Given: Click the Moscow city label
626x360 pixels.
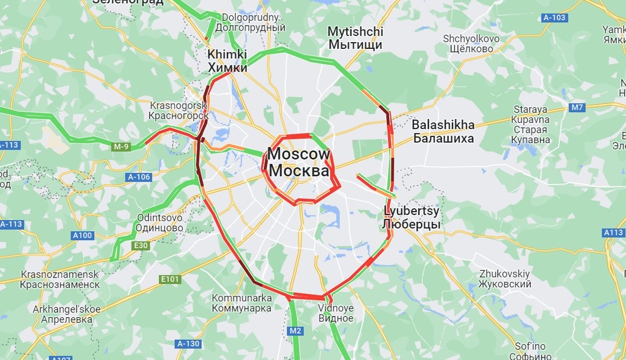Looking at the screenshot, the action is [299, 163].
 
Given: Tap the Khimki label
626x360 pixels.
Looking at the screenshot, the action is [227, 61].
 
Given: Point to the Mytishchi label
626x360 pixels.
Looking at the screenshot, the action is [355, 38].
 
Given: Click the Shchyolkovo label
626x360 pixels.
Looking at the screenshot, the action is [471, 43].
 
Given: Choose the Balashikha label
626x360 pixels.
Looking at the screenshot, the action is [443, 131].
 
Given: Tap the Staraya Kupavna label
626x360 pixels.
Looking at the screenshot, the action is [531, 120].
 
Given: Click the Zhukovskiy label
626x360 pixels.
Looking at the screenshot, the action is [504, 279].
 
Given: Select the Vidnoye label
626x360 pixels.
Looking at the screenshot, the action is [336, 313].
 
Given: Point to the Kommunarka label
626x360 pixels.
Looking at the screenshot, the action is [241, 303].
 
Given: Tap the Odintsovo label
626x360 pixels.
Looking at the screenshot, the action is [160, 222].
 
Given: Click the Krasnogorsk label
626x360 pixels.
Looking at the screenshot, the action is [179, 110].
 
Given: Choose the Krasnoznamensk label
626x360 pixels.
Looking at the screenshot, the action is [59, 279].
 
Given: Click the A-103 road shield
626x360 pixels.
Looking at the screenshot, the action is [554, 18].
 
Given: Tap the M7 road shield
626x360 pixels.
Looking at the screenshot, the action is [577, 108].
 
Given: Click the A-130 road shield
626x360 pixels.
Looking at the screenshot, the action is [188, 344].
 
